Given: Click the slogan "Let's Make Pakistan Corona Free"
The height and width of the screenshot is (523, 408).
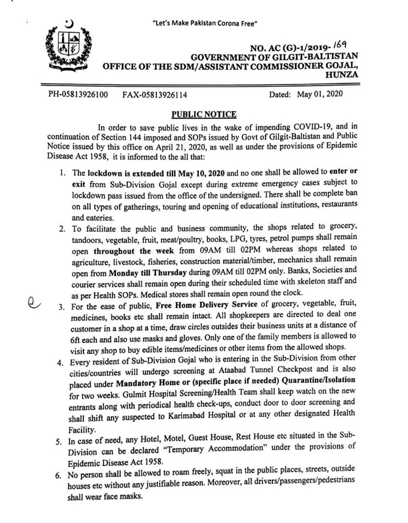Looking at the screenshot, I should click(205, 23).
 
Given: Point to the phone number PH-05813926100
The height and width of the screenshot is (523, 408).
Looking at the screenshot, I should click(78, 94).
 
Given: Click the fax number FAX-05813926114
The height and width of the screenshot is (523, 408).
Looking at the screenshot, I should click(155, 94).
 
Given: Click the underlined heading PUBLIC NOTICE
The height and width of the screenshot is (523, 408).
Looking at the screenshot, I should click(204, 114).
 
